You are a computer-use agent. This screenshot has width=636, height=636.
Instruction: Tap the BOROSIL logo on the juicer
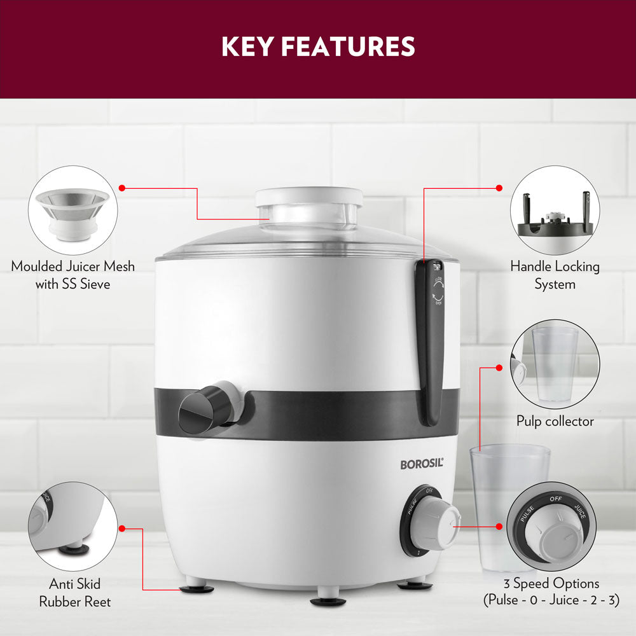click(x=421, y=464)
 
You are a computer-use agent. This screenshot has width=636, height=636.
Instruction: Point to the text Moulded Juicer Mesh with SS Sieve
click(x=73, y=275)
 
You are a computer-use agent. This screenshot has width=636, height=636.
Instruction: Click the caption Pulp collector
click(x=555, y=421)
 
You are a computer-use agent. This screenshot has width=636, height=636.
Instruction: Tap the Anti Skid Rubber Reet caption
click(x=74, y=592)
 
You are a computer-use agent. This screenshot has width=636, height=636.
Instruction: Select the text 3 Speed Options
click(x=551, y=583)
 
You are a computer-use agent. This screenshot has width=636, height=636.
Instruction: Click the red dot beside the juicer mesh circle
click(x=122, y=188)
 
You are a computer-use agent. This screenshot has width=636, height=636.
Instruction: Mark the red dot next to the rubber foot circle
click(x=122, y=528)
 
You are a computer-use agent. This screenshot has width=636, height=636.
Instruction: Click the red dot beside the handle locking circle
click(x=499, y=188)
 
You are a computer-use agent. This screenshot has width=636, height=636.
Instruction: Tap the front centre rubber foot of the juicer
click(x=328, y=601)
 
